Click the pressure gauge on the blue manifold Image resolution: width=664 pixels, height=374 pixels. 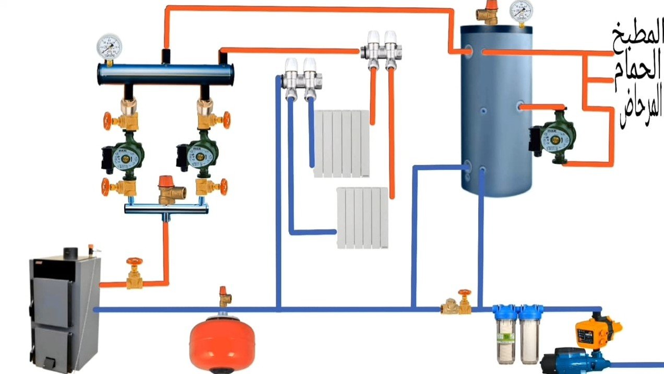click(x=109, y=47)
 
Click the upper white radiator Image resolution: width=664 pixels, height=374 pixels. click(x=342, y=143)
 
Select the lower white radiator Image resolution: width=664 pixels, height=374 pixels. click(x=362, y=217)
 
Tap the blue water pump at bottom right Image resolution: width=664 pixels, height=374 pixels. click(x=574, y=361)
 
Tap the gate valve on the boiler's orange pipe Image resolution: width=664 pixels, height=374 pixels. click(x=134, y=275)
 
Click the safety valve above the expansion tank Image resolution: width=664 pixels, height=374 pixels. click(x=225, y=296)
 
